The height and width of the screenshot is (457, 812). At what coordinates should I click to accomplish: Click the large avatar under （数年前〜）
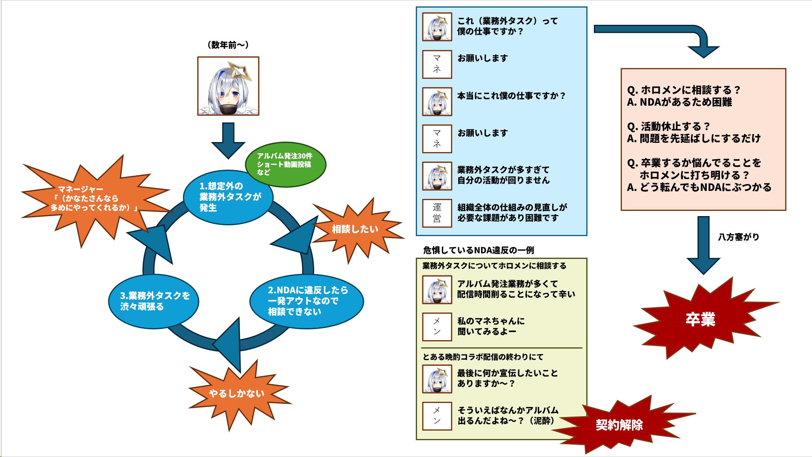[x=228, y=86]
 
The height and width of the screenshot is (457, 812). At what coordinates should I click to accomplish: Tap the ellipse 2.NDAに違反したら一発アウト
[x=307, y=301]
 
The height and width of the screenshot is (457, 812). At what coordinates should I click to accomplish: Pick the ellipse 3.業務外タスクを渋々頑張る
[x=154, y=301]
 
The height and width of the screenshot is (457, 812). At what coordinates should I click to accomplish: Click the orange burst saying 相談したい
[x=355, y=229]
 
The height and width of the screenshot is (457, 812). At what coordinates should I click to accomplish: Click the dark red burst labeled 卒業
[x=700, y=319]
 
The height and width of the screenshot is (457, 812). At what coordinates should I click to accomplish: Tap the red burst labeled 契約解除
[x=619, y=425]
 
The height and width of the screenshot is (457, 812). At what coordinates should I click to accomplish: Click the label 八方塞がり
[x=738, y=237]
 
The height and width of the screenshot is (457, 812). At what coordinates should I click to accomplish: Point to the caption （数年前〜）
[x=228, y=45]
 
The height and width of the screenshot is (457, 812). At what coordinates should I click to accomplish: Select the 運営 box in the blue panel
[x=437, y=213]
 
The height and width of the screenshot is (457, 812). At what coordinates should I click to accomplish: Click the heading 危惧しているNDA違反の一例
[x=478, y=251]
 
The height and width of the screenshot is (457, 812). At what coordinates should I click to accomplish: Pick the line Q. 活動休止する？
[x=668, y=126]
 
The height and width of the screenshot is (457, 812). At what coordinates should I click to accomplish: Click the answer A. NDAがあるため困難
[x=679, y=102]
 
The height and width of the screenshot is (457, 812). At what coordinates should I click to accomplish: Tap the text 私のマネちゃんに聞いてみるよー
[x=491, y=326]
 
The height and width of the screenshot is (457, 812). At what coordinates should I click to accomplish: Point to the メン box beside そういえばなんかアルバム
[x=437, y=416]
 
